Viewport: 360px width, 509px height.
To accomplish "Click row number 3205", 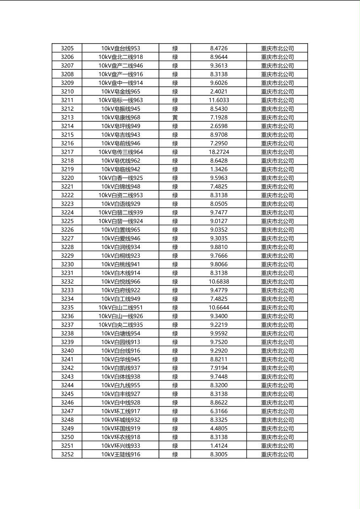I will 67,48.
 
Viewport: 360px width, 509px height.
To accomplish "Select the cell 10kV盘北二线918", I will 120,57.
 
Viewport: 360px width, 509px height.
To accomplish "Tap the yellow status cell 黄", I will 175,117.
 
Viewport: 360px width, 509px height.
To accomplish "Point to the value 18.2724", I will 219,152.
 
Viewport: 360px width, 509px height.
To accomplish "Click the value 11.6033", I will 219,100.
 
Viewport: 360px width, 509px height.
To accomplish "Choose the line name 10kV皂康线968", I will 120,117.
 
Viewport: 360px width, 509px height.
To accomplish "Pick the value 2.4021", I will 219,92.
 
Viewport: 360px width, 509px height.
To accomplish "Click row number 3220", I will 67,178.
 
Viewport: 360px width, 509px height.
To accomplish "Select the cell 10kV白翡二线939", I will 120,213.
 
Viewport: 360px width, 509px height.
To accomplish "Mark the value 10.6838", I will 219,282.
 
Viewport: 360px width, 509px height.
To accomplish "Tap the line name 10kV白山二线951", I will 120,307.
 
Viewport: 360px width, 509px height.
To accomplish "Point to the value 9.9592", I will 219,334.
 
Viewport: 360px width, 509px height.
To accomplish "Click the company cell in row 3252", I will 277,455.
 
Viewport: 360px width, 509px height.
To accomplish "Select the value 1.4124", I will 219,446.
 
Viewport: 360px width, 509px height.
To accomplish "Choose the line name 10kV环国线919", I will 120,428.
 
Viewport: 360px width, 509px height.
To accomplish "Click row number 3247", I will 67,411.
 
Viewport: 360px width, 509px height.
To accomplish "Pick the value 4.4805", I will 219,428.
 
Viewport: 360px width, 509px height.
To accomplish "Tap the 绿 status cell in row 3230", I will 175,264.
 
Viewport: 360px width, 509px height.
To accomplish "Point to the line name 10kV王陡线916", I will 120,455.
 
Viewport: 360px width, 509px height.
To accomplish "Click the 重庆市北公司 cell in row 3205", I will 277,48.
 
